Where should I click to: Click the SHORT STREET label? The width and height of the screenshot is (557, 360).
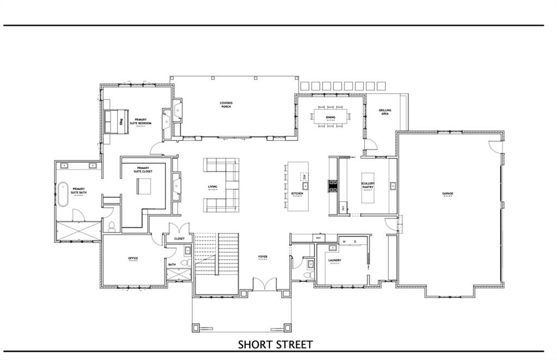275,344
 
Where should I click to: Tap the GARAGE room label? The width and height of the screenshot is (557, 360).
448,193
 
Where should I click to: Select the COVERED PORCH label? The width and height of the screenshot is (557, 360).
226,104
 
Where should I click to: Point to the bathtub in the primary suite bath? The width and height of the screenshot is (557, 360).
64,194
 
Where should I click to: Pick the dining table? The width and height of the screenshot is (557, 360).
331,117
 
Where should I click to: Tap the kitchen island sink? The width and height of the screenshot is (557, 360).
306,186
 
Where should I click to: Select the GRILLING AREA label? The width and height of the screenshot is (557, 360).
385,112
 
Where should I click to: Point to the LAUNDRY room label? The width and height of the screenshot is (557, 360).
335,260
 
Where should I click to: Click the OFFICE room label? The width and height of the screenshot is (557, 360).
132,258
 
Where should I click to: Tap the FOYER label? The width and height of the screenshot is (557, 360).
263,257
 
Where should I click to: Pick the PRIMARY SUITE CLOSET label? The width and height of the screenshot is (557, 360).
144,170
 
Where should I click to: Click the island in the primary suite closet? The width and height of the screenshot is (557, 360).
144,185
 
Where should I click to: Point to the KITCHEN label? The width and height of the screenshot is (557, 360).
296,194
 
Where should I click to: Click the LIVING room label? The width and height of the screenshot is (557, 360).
212,187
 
